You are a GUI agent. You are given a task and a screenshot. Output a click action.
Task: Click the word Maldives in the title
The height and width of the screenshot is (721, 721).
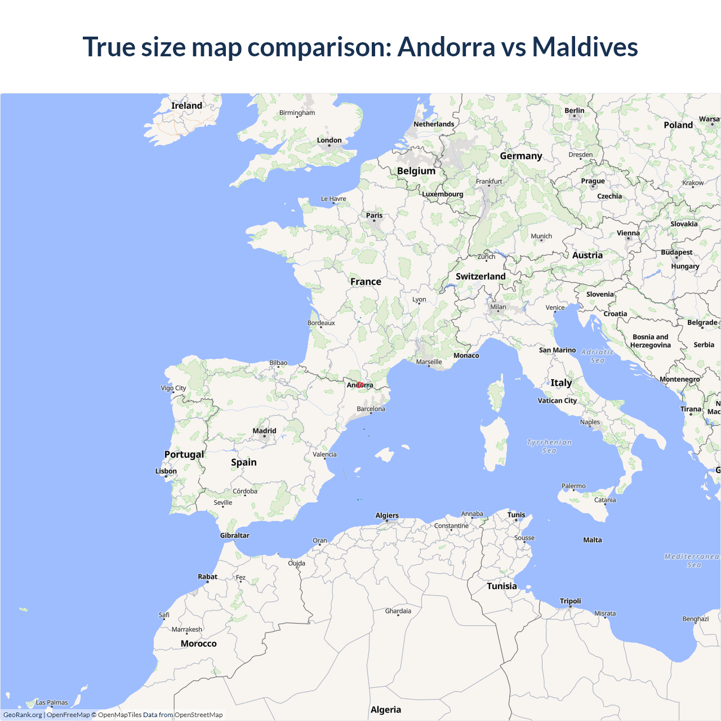[x=585, y=47]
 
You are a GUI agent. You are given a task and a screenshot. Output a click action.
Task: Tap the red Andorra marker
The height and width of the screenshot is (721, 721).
[x=359, y=385]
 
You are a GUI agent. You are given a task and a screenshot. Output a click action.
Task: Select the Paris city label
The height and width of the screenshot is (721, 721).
[x=374, y=215]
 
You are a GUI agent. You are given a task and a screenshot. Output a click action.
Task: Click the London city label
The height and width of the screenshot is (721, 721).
[x=329, y=140]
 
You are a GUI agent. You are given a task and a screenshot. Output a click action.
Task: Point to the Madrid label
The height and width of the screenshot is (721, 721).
[x=264, y=431]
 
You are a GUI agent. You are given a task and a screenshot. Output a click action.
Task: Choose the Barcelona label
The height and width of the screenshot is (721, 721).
[x=371, y=409]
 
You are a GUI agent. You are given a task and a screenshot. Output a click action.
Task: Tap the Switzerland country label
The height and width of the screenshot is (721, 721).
[x=480, y=277]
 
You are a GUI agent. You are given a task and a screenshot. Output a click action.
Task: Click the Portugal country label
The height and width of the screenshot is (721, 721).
[x=184, y=455]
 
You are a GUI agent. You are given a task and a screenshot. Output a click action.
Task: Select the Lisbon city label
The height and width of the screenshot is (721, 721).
[x=166, y=471]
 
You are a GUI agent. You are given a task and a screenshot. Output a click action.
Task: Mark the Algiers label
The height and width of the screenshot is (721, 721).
[x=387, y=515]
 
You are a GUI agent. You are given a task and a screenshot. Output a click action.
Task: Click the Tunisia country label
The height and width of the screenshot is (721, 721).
[x=501, y=586]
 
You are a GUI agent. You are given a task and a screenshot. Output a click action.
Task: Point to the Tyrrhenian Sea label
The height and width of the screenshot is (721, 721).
[x=549, y=446]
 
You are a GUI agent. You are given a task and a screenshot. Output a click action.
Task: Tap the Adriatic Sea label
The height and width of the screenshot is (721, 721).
[x=598, y=356]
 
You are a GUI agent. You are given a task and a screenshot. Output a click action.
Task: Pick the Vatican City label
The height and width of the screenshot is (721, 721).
[x=557, y=400]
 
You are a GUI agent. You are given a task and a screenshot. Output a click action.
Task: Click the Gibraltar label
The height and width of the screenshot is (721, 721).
[x=234, y=535]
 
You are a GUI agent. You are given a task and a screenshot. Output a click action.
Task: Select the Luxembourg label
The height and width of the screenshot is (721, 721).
[x=443, y=194]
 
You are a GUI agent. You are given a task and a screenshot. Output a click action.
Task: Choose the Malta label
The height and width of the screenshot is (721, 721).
[x=592, y=540]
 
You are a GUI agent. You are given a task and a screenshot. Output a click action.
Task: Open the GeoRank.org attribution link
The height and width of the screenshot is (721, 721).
[x=23, y=715]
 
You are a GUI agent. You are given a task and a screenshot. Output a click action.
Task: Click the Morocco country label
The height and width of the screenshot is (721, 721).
[x=198, y=643]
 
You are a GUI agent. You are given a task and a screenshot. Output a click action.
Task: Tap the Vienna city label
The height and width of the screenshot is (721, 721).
[x=628, y=233]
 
